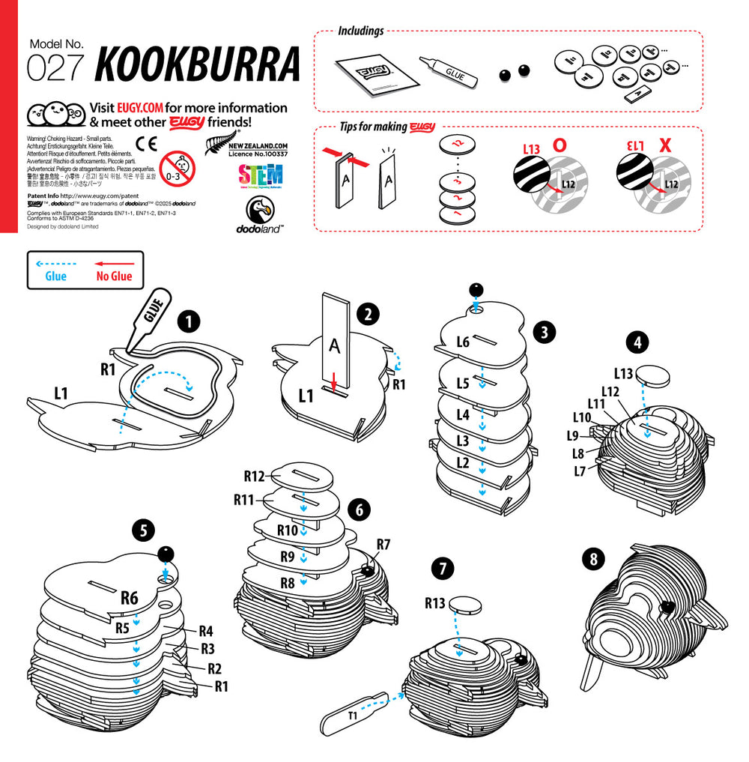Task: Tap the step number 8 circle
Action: click(x=594, y=558)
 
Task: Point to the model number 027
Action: click(x=55, y=67)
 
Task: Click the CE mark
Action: click(x=147, y=143)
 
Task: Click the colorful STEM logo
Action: click(x=260, y=176)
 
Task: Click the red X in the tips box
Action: click(x=664, y=145)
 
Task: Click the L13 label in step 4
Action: click(x=624, y=372)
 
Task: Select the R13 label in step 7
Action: click(x=436, y=602)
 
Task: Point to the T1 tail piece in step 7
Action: click(x=352, y=716)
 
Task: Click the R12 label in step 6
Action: click(x=255, y=476)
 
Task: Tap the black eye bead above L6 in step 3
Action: click(x=475, y=289)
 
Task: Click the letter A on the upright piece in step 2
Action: click(x=335, y=344)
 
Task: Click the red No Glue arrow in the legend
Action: click(x=114, y=263)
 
